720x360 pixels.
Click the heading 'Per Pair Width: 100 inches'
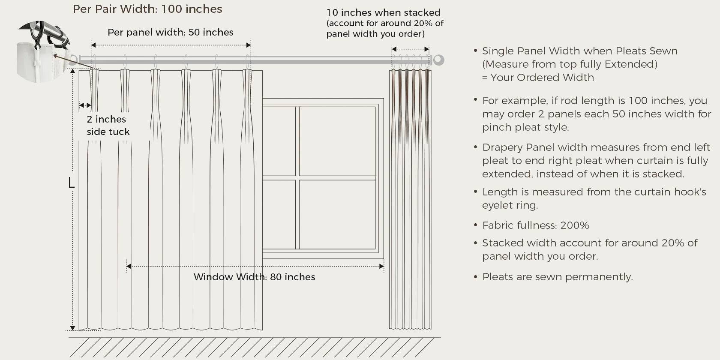[x=147, y=9]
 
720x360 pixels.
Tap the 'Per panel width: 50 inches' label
[x=171, y=32]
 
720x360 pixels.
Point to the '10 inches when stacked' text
[x=383, y=12]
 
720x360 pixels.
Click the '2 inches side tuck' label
[x=108, y=125]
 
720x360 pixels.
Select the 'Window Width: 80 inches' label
[x=254, y=277]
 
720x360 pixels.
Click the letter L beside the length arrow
[x=71, y=183]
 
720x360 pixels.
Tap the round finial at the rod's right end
[x=438, y=60]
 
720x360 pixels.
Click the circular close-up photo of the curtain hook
[x=42, y=51]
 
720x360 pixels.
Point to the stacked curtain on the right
[x=410, y=199]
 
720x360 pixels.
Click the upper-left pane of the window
[x=279, y=141]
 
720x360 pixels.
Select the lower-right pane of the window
[x=337, y=214]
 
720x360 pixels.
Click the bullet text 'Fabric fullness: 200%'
[x=536, y=225]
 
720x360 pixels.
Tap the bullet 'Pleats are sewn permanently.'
[x=557, y=277]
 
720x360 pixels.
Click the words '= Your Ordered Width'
[x=538, y=78]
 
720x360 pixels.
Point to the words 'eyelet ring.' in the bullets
[x=510, y=205]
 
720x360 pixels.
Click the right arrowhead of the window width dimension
[x=381, y=266]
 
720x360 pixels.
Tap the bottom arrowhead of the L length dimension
[x=73, y=328]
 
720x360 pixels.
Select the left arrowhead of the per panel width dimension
[x=93, y=45]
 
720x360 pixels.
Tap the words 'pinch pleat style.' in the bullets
[x=525, y=127]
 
